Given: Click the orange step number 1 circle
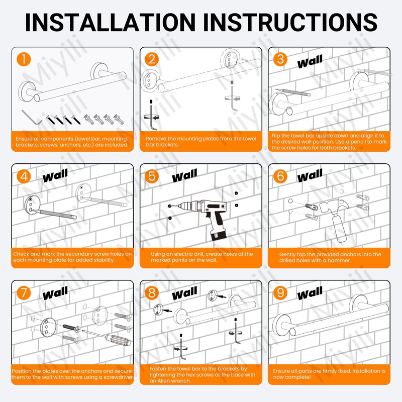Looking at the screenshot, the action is click(x=24, y=59).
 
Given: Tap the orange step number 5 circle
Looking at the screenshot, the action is click(x=152, y=176).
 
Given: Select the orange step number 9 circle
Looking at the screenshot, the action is click(x=280, y=293).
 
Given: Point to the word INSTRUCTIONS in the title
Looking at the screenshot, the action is click(x=290, y=22).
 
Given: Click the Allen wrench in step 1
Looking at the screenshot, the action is click(x=32, y=117).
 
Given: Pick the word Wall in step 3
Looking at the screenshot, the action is click(x=310, y=61).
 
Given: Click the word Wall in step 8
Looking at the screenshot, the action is click(x=184, y=293).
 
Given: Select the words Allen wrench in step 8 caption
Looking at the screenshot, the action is click(x=174, y=381).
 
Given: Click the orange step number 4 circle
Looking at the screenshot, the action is click(x=24, y=176).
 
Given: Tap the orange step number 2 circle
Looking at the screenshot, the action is click(x=152, y=59).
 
